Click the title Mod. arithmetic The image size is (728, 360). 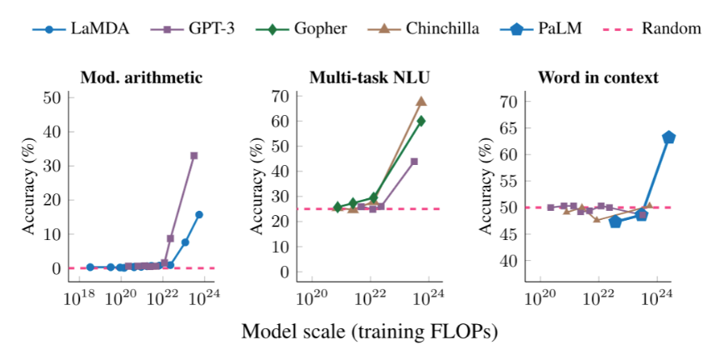[x=141, y=77]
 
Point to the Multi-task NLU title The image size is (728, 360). [x=368, y=77]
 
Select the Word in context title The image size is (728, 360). [x=598, y=77]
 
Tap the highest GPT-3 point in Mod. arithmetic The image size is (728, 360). [x=194, y=156]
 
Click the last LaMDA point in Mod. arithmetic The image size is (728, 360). [x=199, y=214]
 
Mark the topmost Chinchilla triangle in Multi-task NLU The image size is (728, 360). [x=421, y=102]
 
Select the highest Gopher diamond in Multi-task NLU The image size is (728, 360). [x=421, y=121]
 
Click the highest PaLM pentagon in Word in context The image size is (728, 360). [x=668, y=137]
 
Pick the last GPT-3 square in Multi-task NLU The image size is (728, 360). [x=414, y=162]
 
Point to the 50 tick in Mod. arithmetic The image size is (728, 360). [x=52, y=97]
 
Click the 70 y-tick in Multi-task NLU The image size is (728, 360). [x=279, y=95]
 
